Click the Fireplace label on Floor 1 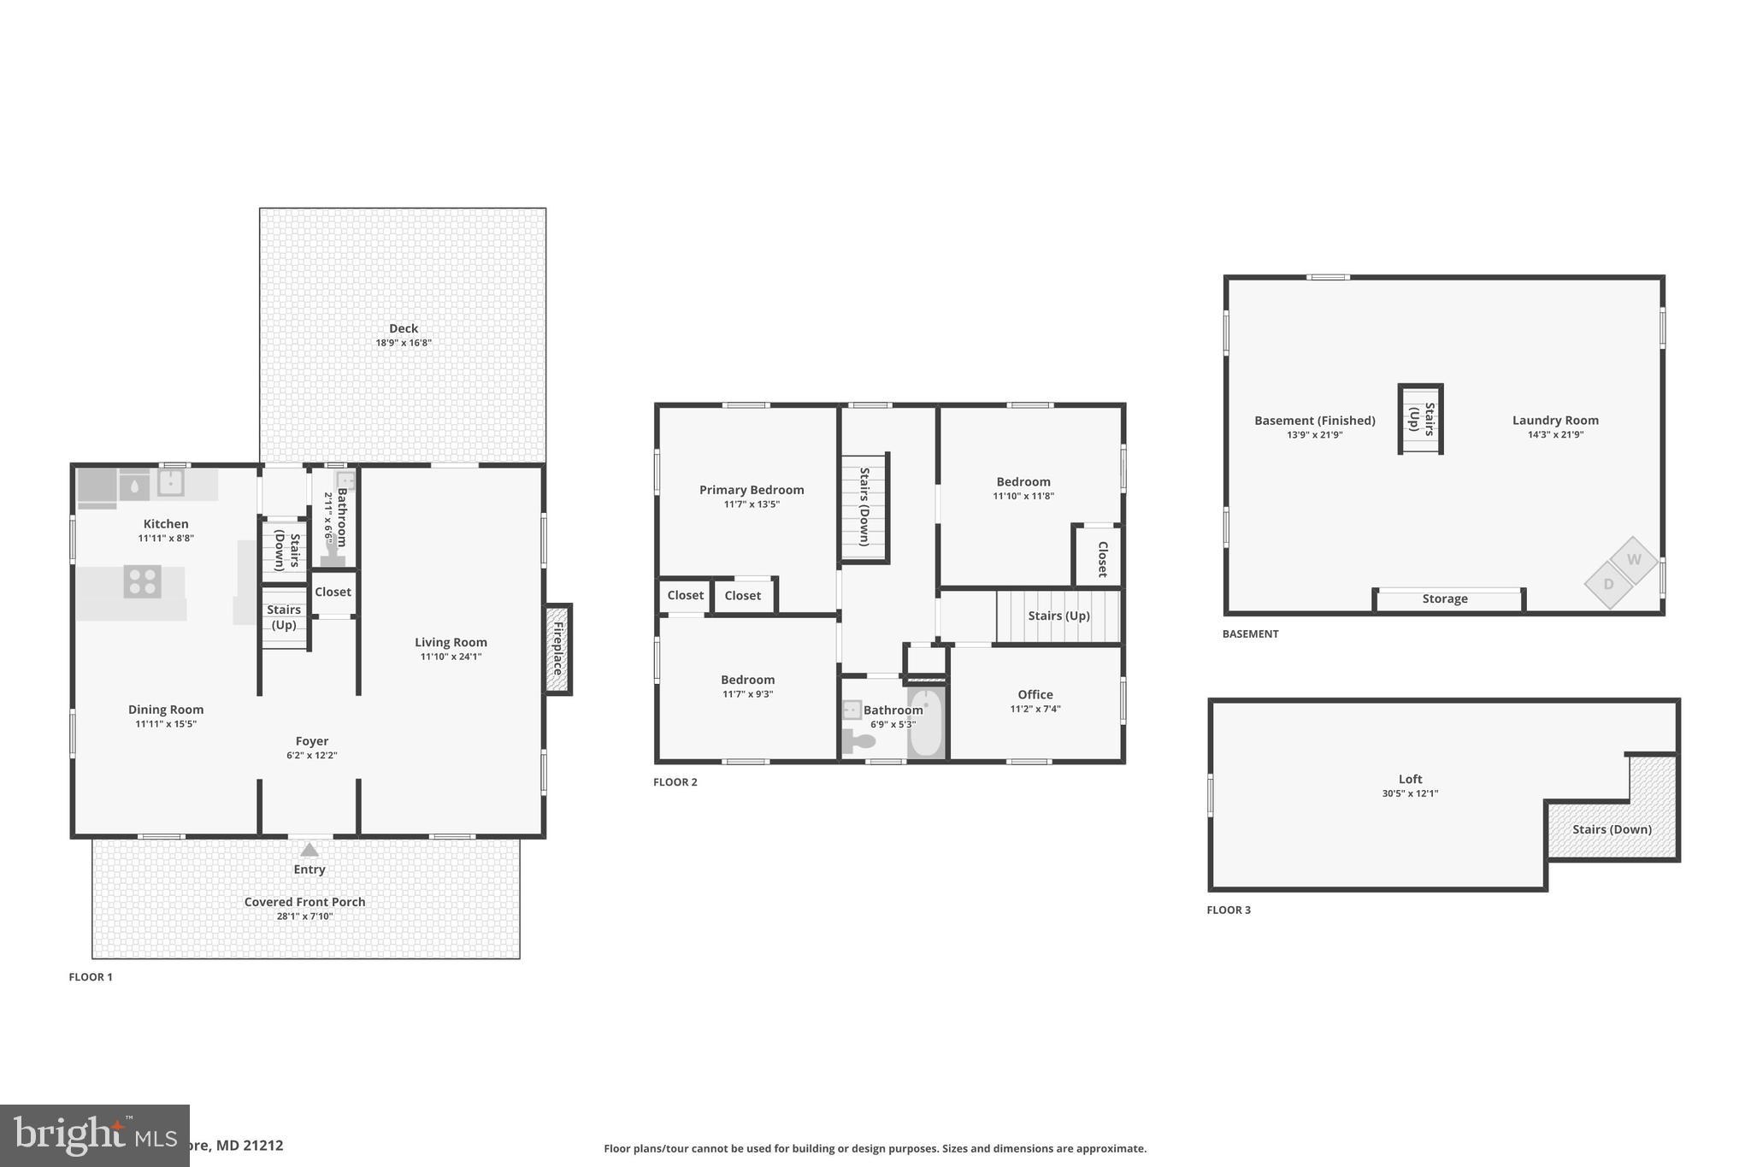[x=557, y=649]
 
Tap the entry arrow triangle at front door [x=310, y=850]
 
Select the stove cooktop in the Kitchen [x=142, y=581]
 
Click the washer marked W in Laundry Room [x=1634, y=560]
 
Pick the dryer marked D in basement [x=1608, y=585]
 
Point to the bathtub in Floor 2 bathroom [x=925, y=723]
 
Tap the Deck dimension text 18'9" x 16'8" [x=404, y=343]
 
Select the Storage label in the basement [x=1445, y=598]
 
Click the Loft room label [x=1410, y=779]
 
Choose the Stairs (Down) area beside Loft [x=1612, y=829]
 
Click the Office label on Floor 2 [x=1035, y=694]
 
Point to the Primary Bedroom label [x=752, y=490]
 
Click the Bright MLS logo [x=94, y=1135]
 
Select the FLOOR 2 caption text [x=675, y=781]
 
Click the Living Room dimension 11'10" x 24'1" [x=451, y=657]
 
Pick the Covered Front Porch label [x=304, y=902]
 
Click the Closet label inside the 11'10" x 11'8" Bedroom [x=1102, y=559]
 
